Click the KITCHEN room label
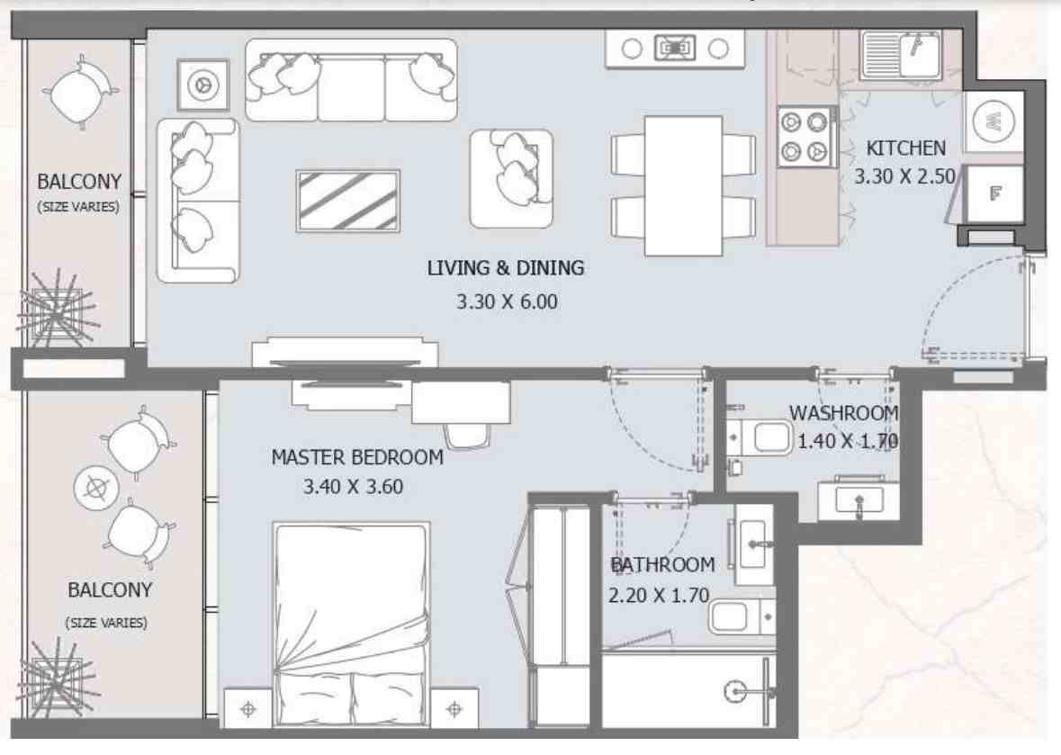click(x=905, y=148)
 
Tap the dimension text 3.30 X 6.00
click(x=507, y=302)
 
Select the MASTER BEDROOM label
click(x=357, y=458)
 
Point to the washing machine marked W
click(x=994, y=121)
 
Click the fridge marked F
click(x=994, y=193)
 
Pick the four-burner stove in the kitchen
click(x=804, y=136)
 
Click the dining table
click(x=683, y=185)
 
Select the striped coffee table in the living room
click(x=347, y=201)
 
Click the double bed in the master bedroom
click(x=351, y=620)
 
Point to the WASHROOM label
click(x=843, y=414)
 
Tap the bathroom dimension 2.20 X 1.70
click(x=659, y=594)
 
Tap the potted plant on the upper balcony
click(x=56, y=310)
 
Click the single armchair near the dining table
click(x=511, y=178)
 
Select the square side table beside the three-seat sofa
click(x=202, y=85)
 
